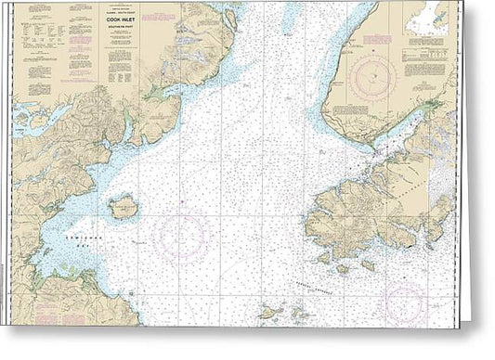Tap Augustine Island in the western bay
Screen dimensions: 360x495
point(123,208)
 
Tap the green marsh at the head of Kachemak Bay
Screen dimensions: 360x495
point(435,105)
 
